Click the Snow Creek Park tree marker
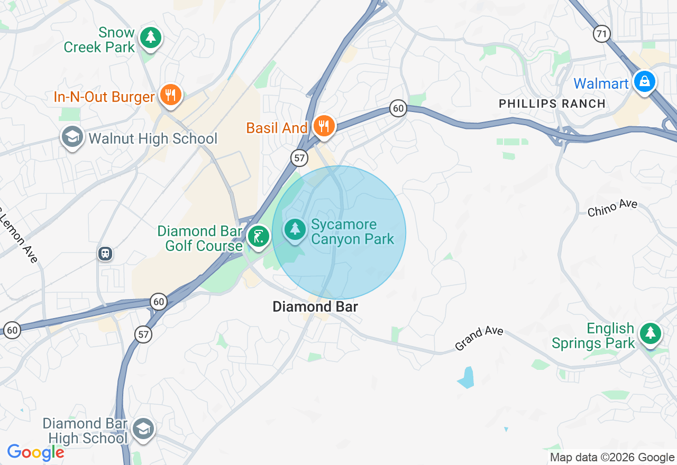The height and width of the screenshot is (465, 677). [x=151, y=37]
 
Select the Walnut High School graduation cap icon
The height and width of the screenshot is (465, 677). [x=72, y=137]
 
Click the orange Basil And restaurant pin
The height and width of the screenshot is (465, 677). [x=323, y=126]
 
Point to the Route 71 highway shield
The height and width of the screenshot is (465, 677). [x=601, y=34]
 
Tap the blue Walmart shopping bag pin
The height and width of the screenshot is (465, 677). [x=645, y=82]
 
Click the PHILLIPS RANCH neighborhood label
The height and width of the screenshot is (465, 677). [x=552, y=104]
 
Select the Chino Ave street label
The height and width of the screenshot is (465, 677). [x=612, y=208]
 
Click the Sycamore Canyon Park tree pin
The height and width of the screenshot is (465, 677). [x=295, y=229]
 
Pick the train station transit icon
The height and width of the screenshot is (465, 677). [x=105, y=254]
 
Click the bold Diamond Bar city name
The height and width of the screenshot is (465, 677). [x=315, y=306]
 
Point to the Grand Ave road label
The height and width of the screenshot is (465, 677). [x=479, y=339]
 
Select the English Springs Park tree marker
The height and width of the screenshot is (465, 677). [x=650, y=333]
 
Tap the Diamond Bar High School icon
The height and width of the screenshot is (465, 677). [x=143, y=429]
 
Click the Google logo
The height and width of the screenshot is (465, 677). [x=35, y=452]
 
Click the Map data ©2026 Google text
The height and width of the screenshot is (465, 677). [x=612, y=458]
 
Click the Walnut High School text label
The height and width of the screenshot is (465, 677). [x=153, y=138]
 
